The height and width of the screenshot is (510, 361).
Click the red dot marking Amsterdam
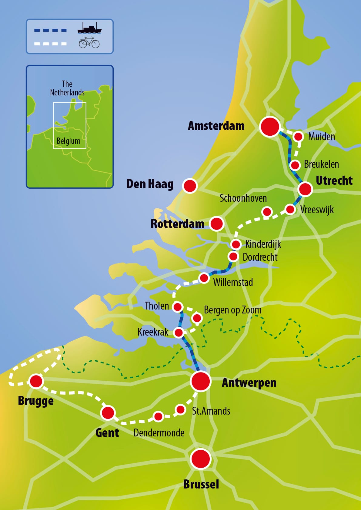point(270,127)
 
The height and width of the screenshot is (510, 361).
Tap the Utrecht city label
point(334,180)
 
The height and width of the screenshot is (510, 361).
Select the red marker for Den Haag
point(190,186)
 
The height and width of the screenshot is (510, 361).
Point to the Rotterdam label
point(177,224)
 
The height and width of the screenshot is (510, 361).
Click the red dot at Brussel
point(201,459)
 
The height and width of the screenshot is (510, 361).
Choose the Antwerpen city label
point(249,382)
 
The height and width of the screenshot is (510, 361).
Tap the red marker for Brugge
point(36,381)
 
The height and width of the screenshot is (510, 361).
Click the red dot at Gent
point(108,412)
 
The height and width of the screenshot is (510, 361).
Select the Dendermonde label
point(159,433)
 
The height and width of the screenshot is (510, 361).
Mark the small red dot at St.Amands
point(181,410)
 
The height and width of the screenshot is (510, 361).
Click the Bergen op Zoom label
point(232,310)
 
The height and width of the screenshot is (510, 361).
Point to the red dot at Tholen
point(178,307)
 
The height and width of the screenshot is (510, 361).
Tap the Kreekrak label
point(153,332)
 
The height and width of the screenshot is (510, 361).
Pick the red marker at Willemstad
point(204,278)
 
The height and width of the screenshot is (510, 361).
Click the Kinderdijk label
point(263,244)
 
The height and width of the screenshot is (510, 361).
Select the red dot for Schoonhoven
point(267,211)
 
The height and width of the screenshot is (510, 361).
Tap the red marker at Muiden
point(298,137)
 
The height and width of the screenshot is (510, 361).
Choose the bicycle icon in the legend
point(89,43)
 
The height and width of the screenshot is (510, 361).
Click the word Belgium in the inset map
point(69,141)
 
